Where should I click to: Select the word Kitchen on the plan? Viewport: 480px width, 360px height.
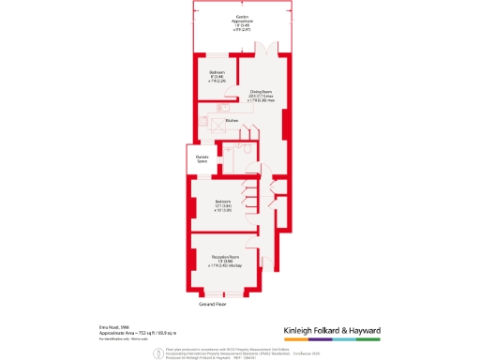coord(232,120)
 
